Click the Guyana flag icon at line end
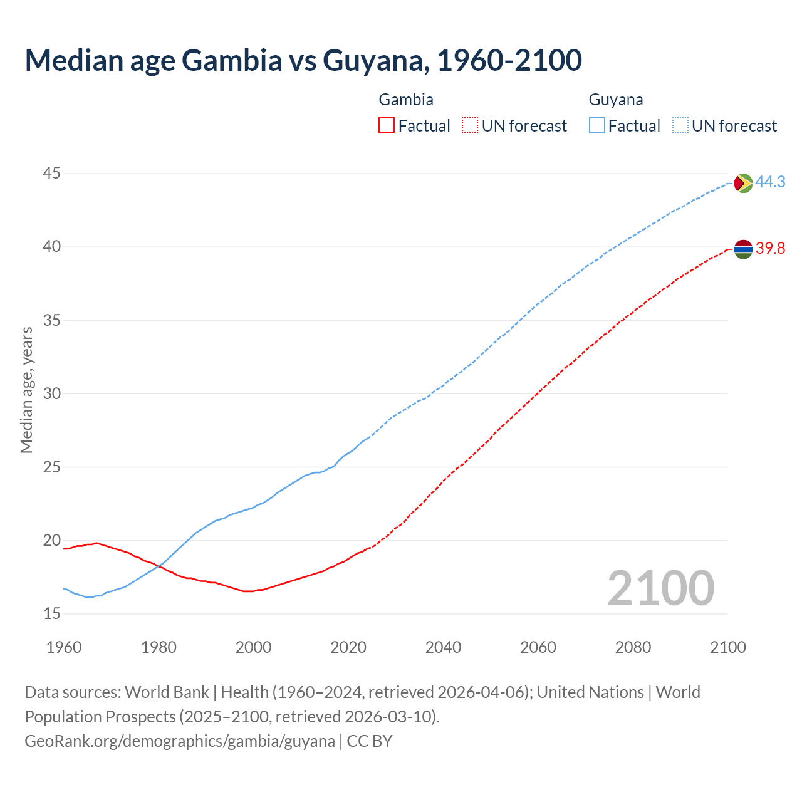point(743,183)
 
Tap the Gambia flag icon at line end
point(743,249)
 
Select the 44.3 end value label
point(770,182)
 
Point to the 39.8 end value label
point(770,249)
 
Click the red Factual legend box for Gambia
point(387,126)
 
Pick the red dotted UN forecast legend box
point(470,126)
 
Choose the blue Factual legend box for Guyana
point(597,126)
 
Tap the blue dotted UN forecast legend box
point(680,126)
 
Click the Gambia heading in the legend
point(406,100)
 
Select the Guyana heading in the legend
point(616,100)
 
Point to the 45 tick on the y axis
point(52,173)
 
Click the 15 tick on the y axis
point(52,613)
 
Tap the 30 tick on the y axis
point(52,393)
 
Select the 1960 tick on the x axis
point(64,647)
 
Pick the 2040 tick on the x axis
point(443,647)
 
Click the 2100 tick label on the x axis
point(727,647)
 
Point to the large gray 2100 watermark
point(661,588)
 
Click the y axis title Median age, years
point(26,390)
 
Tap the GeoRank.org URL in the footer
point(180,741)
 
